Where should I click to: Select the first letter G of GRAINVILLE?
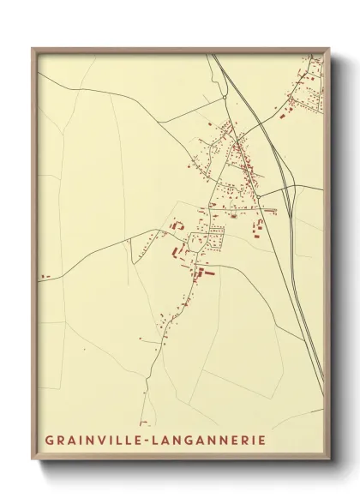click(49, 441)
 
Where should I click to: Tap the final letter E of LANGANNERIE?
click(261, 441)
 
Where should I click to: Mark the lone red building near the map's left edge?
click(45, 276)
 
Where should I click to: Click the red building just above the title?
click(145, 423)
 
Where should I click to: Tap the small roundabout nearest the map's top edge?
click(226, 99)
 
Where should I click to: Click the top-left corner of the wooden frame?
click(33, 48)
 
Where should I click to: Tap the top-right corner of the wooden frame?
click(330, 49)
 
